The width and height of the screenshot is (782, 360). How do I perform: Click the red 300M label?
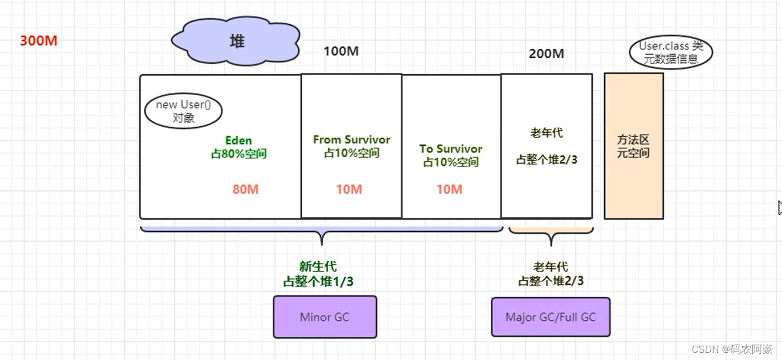(x=39, y=41)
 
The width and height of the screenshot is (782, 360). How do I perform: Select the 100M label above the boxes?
(x=341, y=51)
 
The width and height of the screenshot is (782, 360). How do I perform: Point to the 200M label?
(x=546, y=54)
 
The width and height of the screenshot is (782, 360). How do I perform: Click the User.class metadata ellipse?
(x=671, y=52)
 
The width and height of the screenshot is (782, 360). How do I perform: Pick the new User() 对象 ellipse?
(x=183, y=111)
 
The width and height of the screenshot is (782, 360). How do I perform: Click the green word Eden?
(x=238, y=140)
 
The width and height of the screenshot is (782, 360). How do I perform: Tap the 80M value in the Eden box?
(x=246, y=189)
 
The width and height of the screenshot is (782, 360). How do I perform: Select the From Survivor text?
(x=351, y=140)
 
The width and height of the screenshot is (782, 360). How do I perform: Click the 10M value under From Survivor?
(x=348, y=189)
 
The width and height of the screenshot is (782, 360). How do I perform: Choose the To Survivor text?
(x=451, y=149)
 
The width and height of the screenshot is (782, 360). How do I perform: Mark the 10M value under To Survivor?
(x=449, y=189)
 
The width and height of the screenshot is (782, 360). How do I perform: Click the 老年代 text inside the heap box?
(x=546, y=133)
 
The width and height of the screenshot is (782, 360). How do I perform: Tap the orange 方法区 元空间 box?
(x=633, y=146)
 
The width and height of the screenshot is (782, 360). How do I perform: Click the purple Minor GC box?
(x=325, y=317)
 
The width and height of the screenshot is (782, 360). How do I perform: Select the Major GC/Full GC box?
(x=550, y=317)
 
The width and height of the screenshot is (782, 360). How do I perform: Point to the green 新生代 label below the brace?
(x=318, y=267)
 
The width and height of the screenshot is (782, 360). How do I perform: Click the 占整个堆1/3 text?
(x=318, y=281)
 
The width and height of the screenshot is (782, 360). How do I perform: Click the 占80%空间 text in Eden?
(x=238, y=154)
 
